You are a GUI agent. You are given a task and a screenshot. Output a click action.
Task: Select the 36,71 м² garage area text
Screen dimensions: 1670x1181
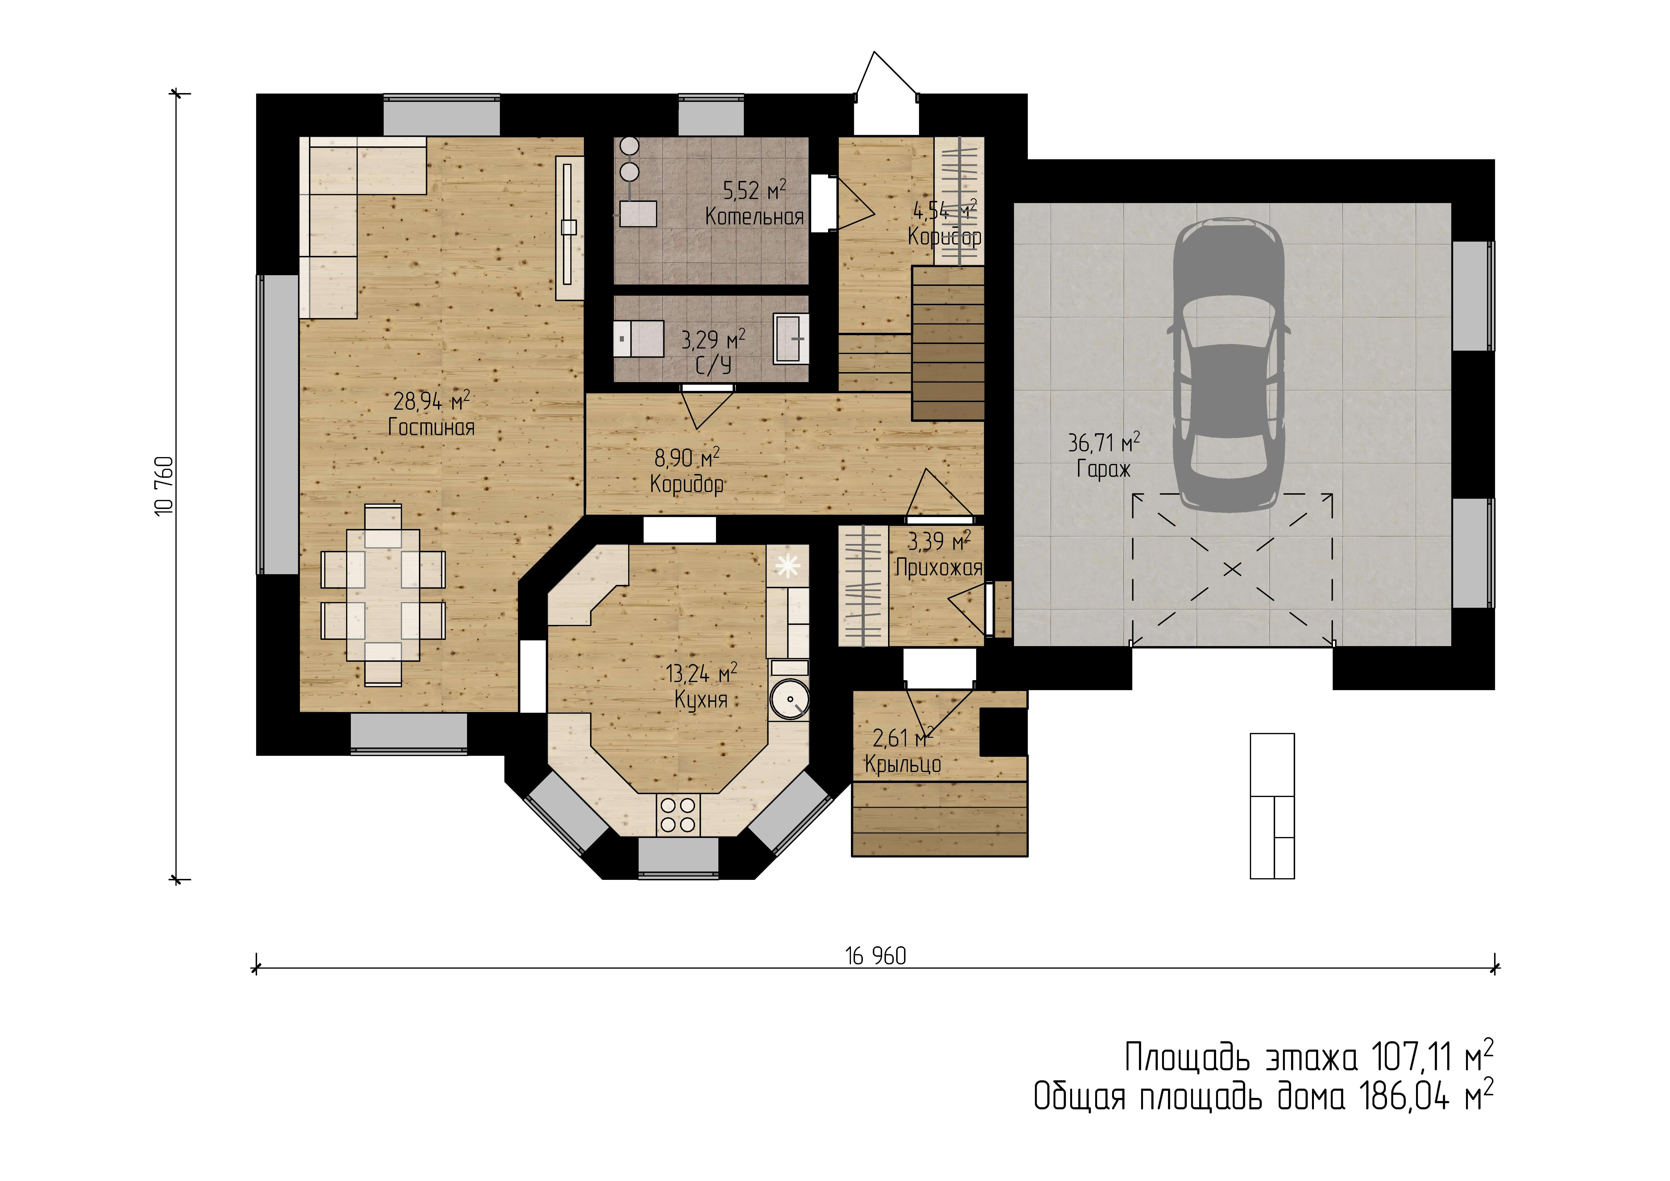[x=1103, y=442]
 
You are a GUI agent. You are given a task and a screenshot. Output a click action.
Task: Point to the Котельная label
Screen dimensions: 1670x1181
[x=754, y=216]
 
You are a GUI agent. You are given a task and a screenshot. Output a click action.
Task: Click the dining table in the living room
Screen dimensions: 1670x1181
[x=383, y=594]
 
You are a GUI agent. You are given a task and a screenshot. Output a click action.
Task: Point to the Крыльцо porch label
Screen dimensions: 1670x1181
[x=903, y=764]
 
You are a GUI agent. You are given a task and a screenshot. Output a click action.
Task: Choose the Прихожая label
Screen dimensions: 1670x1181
[x=938, y=568]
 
